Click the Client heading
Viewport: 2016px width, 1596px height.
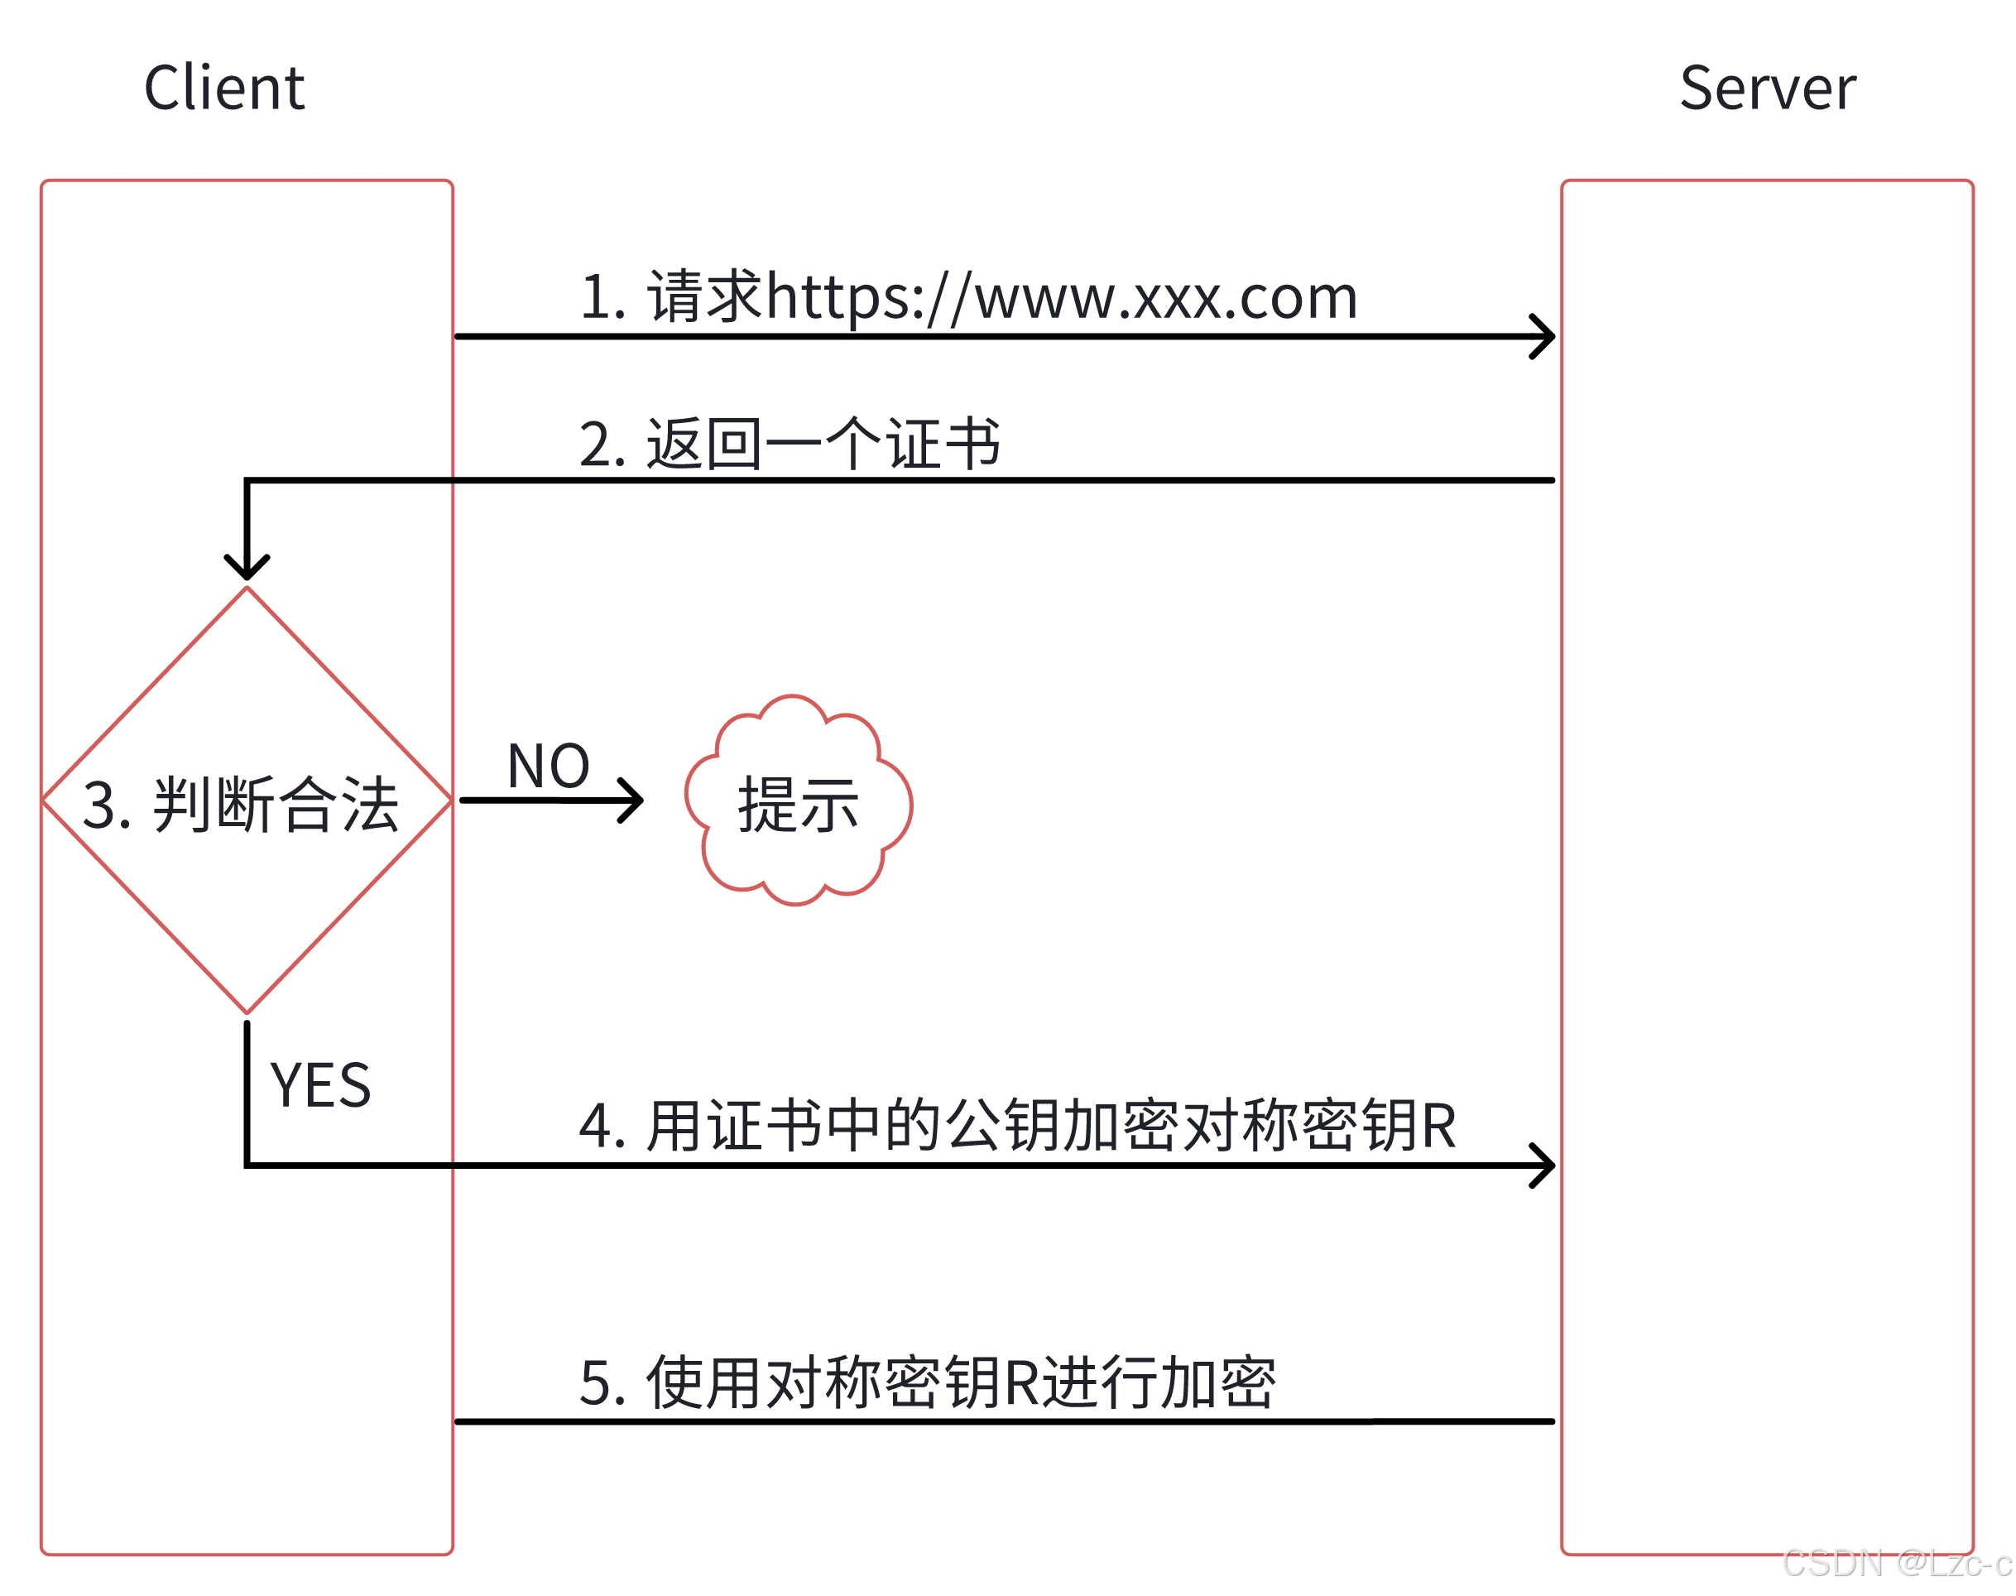coord(223,88)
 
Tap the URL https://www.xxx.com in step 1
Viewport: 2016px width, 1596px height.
coord(1060,297)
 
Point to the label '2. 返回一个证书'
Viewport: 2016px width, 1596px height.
coord(790,444)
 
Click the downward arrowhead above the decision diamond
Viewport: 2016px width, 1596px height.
coord(247,567)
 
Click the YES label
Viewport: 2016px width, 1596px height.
coord(320,1085)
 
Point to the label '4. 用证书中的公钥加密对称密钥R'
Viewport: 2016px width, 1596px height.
coord(1016,1125)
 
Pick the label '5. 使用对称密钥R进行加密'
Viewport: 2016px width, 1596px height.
coord(926,1382)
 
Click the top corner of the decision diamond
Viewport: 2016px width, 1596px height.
coord(247,589)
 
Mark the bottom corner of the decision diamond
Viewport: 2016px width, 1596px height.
coord(247,1011)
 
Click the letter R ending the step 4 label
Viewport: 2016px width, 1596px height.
coord(1438,1125)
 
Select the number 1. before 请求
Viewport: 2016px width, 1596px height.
coord(602,297)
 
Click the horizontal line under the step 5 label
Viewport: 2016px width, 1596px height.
coord(1004,1421)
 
